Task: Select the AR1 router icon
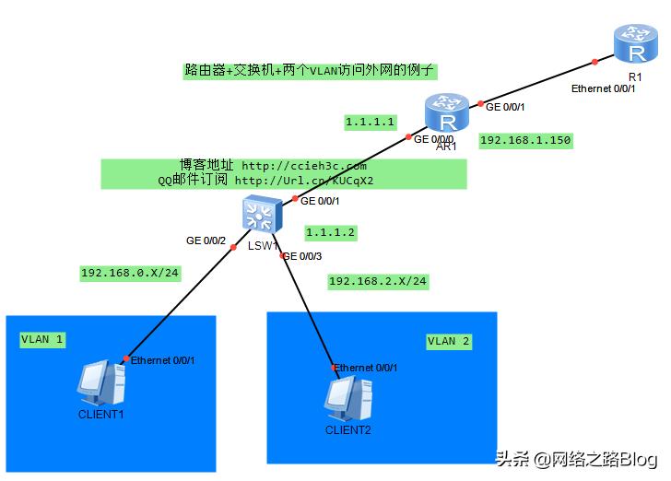pyautogui.click(x=447, y=115)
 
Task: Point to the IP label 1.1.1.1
pyautogui.click(x=370, y=122)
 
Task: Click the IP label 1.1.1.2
pyautogui.click(x=331, y=232)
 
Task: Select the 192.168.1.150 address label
pyautogui.click(x=526, y=141)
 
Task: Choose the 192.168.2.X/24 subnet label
pyautogui.click(x=378, y=281)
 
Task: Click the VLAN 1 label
pyautogui.click(x=42, y=340)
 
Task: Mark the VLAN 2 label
pyautogui.click(x=449, y=341)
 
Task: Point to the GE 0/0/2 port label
pyautogui.click(x=206, y=240)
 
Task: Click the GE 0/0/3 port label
pyautogui.click(x=302, y=256)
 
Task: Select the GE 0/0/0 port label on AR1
pyautogui.click(x=433, y=140)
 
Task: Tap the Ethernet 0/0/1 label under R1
pyautogui.click(x=604, y=88)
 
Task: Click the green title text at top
pyautogui.click(x=310, y=70)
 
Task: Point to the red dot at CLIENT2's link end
pyautogui.click(x=335, y=367)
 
